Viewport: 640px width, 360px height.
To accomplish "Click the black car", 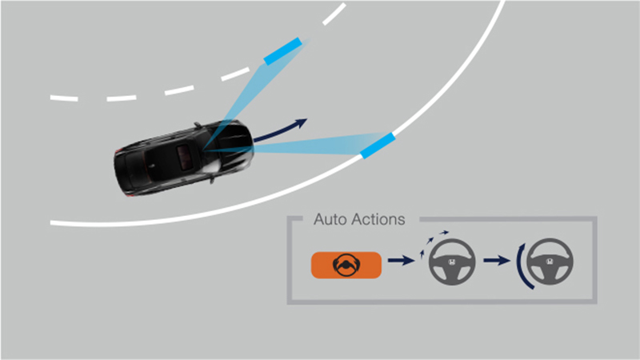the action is pos(184,158).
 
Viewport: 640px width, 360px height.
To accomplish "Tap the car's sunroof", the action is pos(185,156).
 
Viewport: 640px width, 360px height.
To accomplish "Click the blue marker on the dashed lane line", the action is pos(283,51).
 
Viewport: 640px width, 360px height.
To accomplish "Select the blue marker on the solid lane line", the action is pos(378,146).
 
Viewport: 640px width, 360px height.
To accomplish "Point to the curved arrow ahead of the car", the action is pos(280,130).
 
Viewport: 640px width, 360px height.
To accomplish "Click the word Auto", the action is pos(330,219).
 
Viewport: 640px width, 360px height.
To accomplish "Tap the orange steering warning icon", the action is pos(346,265).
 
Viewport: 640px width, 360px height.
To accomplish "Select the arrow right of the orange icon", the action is pos(402,260).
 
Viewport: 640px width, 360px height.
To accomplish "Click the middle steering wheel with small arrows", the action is pos(452,262).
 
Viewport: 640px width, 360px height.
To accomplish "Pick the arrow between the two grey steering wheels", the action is pos(497,260).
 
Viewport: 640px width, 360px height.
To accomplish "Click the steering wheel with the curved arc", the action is pos(550,262).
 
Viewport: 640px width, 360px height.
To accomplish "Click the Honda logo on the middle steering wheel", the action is pos(452,262).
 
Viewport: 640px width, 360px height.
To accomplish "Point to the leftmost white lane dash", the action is pos(64,98).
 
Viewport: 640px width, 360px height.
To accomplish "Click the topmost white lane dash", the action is pos(334,14).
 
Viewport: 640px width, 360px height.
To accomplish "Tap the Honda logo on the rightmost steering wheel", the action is pos(550,262).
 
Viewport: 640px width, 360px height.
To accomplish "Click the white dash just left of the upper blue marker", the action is pos(235,74).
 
